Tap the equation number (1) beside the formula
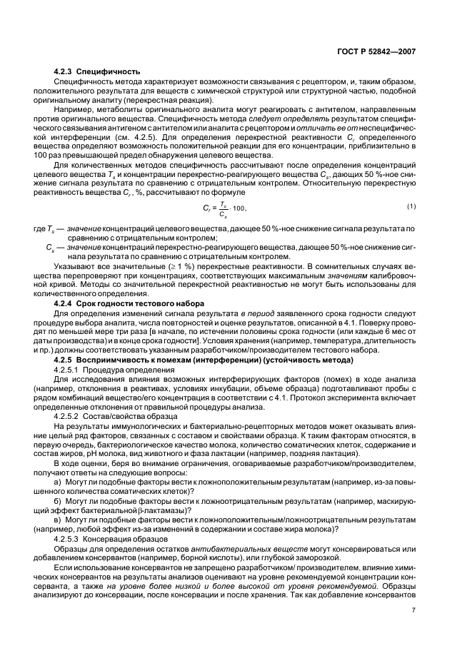pos(411,206)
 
